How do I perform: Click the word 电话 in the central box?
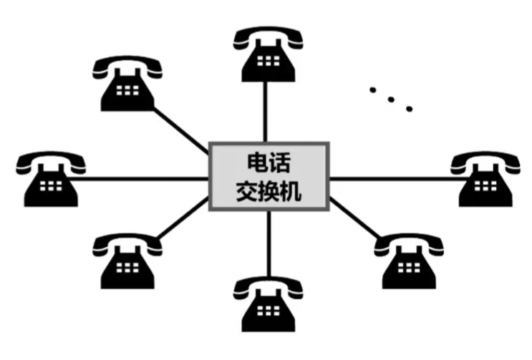point(269,161)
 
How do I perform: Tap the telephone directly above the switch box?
point(268,54)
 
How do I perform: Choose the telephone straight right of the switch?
point(487,179)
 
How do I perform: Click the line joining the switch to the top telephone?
point(268,111)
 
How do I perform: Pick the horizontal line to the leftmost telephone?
point(143,179)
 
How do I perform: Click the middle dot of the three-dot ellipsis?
point(391,99)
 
